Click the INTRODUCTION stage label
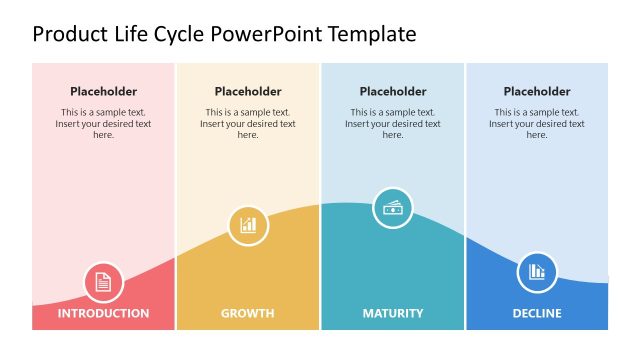(103, 313)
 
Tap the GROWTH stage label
(247, 313)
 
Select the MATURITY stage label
(392, 313)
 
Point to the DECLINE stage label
(536, 313)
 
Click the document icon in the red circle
(103, 282)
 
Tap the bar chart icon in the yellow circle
(248, 225)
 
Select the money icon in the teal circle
(393, 208)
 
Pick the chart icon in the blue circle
(537, 271)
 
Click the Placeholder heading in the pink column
(103, 92)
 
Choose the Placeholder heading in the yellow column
(248, 92)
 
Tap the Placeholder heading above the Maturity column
(393, 92)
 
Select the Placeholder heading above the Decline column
(537, 92)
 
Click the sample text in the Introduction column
(103, 124)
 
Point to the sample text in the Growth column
(248, 124)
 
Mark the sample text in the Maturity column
(393, 124)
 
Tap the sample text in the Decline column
(537, 124)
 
